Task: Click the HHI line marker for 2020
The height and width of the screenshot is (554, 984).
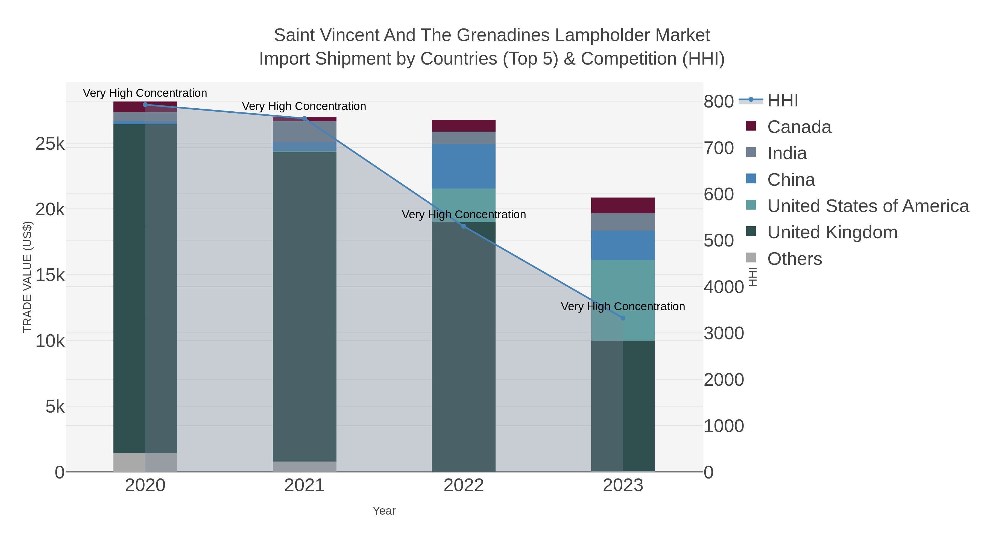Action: [145, 105]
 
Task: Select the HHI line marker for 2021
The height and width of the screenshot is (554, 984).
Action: [304, 118]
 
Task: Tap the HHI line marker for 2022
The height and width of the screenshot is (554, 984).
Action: [464, 226]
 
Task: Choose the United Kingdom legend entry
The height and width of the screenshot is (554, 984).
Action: [832, 233]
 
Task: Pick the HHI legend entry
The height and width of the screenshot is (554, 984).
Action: [782, 101]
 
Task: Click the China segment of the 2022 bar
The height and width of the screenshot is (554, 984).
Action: [464, 166]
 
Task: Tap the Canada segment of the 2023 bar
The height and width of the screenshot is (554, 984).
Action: [623, 205]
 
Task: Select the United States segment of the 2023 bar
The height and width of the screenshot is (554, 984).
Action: [623, 300]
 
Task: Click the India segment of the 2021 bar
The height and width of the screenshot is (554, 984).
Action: [304, 132]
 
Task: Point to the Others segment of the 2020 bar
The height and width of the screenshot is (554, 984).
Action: [145, 462]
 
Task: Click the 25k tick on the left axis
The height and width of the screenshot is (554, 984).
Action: [50, 144]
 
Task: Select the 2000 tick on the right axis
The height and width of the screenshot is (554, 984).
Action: [724, 380]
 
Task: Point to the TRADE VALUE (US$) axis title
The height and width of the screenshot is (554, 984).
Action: [28, 277]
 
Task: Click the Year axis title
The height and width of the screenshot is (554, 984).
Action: [384, 511]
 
